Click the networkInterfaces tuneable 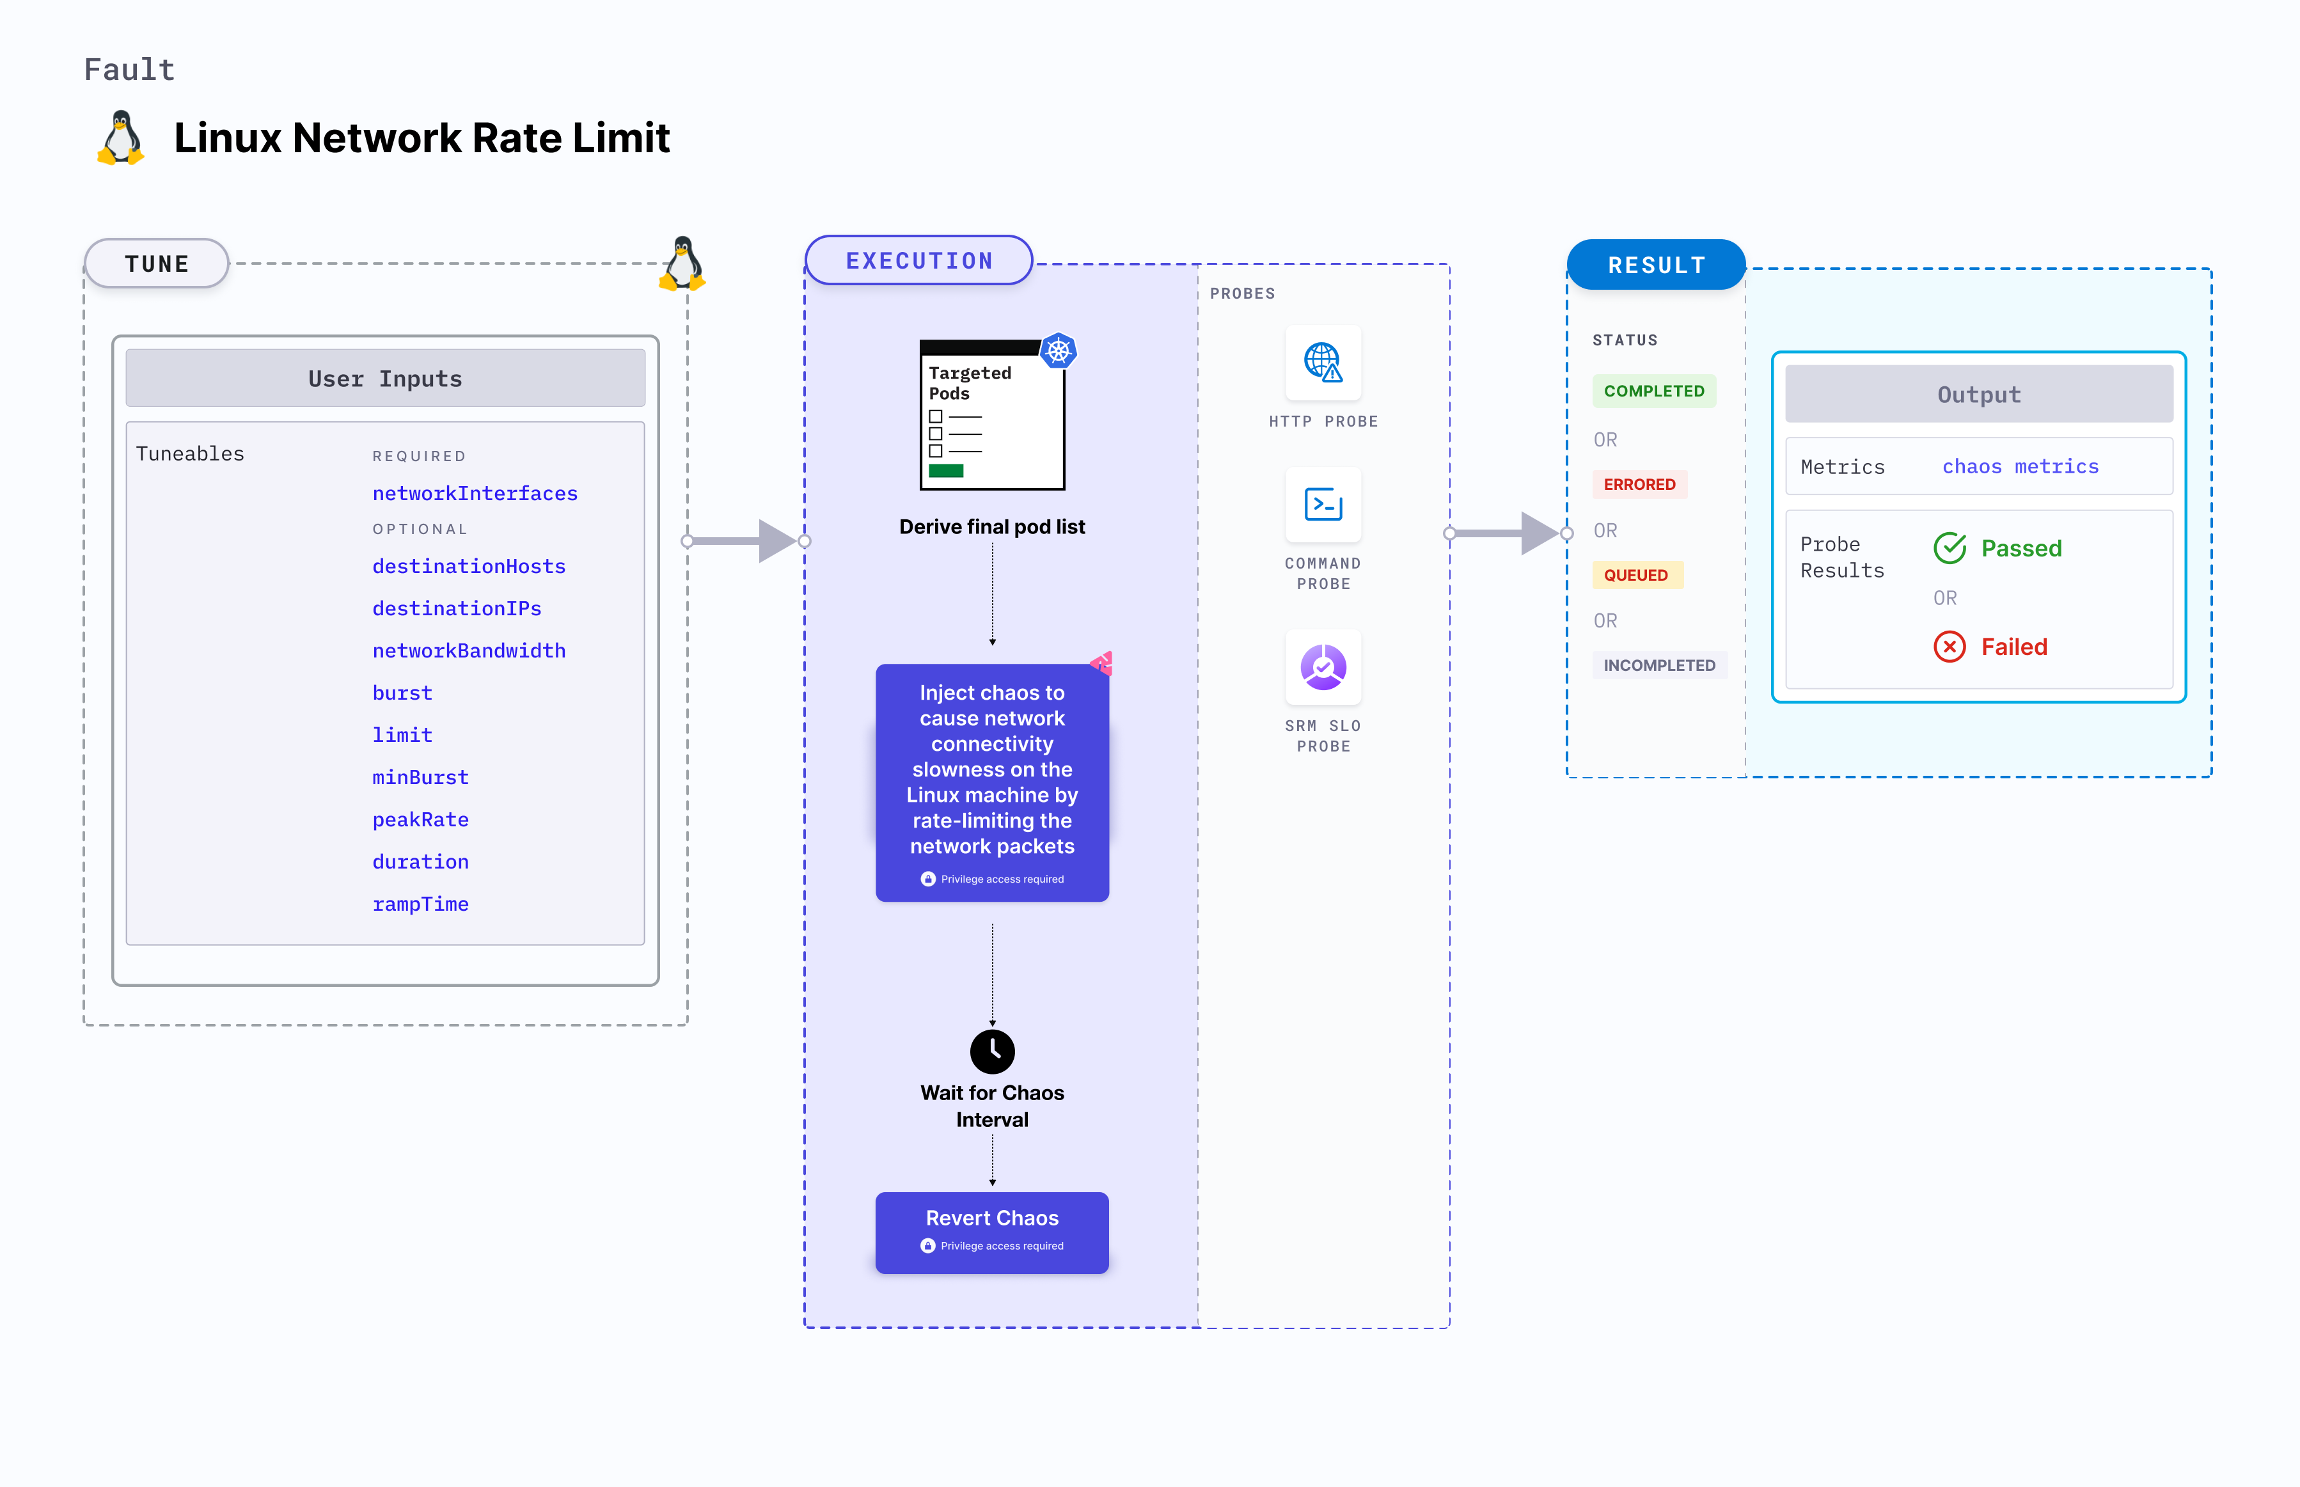475,493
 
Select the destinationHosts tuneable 469,567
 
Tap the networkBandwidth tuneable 469,651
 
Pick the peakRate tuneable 420,820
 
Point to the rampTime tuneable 420,904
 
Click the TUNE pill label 157,264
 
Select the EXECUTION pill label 918,261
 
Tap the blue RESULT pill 1656,265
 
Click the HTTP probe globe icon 1323,363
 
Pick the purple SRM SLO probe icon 1323,667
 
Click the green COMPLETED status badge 1653,391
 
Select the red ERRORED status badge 1639,485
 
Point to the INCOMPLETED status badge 1659,665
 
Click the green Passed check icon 1949,549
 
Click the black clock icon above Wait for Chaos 991,1051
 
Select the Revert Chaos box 991,1231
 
